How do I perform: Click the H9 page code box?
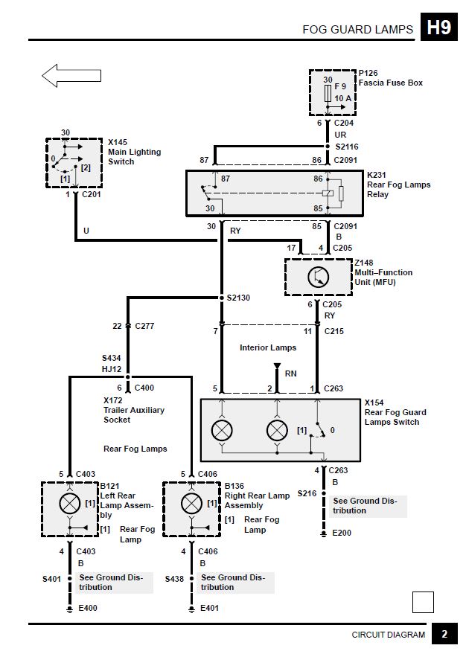pyautogui.click(x=439, y=27)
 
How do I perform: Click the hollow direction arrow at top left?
pyautogui.click(x=71, y=75)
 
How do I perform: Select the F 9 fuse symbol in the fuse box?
pyautogui.click(x=328, y=92)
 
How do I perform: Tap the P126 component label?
pyautogui.click(x=368, y=73)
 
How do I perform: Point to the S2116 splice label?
pyautogui.click(x=347, y=147)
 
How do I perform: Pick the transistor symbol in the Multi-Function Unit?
pyautogui.click(x=319, y=277)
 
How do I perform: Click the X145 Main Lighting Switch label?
pyautogui.click(x=134, y=152)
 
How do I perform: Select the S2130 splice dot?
pyautogui.click(x=222, y=298)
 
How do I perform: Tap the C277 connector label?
pyautogui.click(x=144, y=326)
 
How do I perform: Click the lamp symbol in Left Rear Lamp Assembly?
pyautogui.click(x=70, y=504)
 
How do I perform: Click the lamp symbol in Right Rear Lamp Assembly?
pyautogui.click(x=191, y=504)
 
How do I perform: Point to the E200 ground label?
pyautogui.click(x=341, y=533)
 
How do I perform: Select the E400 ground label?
pyautogui.click(x=88, y=608)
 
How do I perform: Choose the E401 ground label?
pyautogui.click(x=209, y=608)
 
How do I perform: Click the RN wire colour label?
pyautogui.click(x=291, y=374)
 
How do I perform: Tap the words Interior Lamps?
pyautogui.click(x=268, y=348)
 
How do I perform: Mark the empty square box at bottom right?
pyautogui.click(x=423, y=602)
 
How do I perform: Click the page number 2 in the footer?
pyautogui.click(x=444, y=635)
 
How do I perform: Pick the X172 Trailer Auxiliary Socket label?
pyautogui.click(x=134, y=410)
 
